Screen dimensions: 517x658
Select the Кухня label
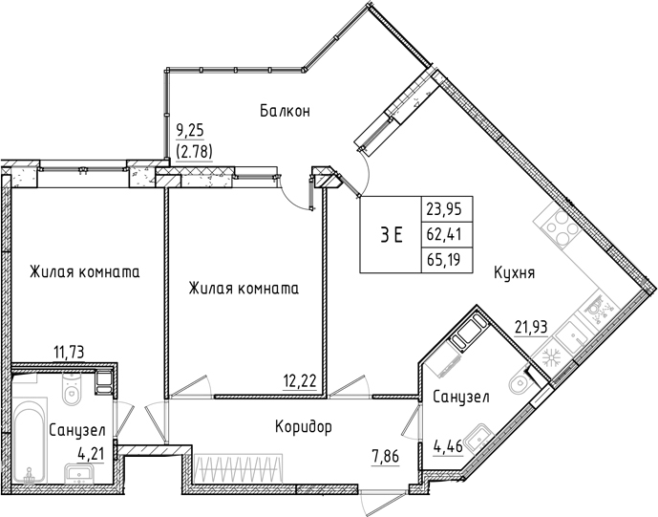coord(514,272)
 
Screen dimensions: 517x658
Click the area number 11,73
coord(70,353)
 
